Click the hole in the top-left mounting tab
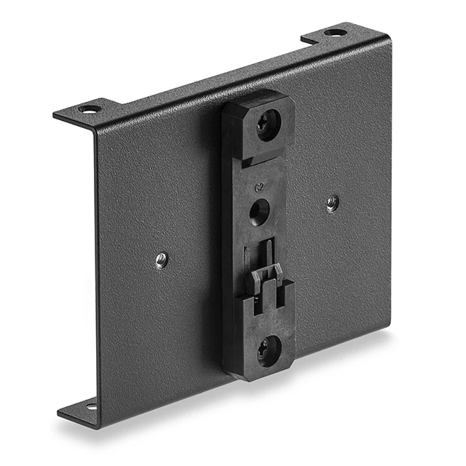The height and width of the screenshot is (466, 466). click(89, 109)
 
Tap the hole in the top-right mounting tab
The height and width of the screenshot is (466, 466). click(335, 32)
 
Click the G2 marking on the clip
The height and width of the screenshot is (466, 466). click(258, 186)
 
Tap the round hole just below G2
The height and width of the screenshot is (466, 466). click(258, 210)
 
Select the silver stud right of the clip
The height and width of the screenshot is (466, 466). click(331, 202)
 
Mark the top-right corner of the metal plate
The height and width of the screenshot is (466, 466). click(390, 42)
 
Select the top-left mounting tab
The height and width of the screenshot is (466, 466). click(80, 111)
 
